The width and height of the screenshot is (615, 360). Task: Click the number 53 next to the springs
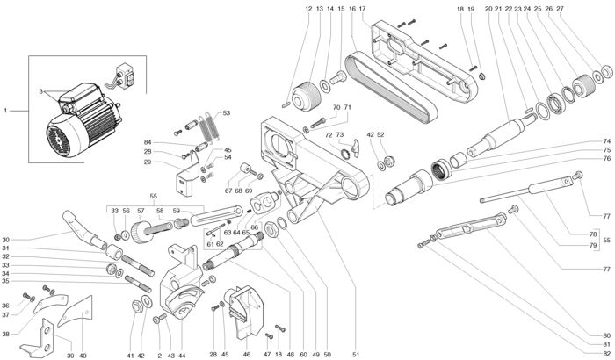(x=226, y=113)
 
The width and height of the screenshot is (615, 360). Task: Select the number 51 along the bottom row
(x=356, y=355)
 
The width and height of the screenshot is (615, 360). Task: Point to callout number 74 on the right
(x=606, y=141)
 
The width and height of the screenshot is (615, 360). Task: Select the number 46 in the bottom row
(x=247, y=355)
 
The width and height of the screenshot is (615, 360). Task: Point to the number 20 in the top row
(x=488, y=8)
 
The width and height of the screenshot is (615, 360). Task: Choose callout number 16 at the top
(x=351, y=8)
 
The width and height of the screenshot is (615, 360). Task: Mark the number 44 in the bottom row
(x=182, y=355)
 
